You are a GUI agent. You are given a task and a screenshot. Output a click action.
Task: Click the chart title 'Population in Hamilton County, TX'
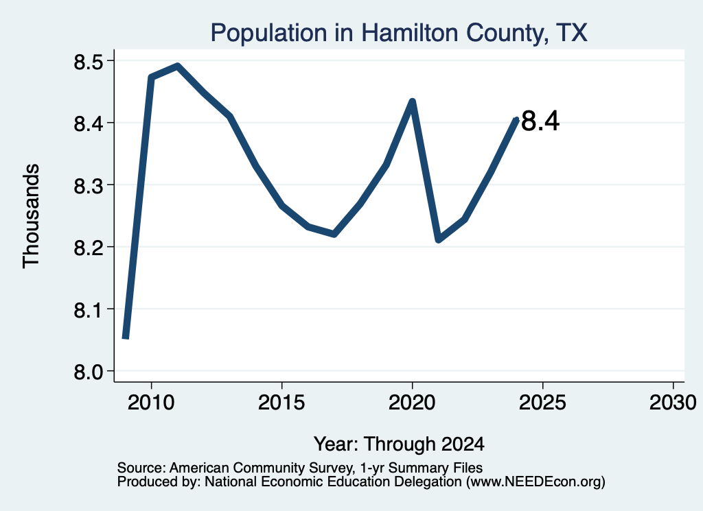399,33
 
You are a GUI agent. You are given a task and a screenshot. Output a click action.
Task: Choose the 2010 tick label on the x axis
151,403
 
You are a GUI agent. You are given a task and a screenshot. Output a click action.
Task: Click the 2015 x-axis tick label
281,403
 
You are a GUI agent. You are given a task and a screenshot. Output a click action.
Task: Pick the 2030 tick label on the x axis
673,403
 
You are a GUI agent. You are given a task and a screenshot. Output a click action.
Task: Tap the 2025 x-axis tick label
542,403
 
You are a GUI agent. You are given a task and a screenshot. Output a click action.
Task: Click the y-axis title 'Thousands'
32,216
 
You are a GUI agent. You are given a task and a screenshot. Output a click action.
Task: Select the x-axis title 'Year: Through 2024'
399,444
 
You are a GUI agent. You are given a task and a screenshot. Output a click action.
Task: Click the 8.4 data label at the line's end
541,121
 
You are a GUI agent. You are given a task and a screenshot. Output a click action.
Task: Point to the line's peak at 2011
178,67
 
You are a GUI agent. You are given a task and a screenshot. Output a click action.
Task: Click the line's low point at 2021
439,239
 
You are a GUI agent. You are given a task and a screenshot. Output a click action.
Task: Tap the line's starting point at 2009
126,337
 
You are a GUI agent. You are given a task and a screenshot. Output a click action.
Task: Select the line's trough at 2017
334,233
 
